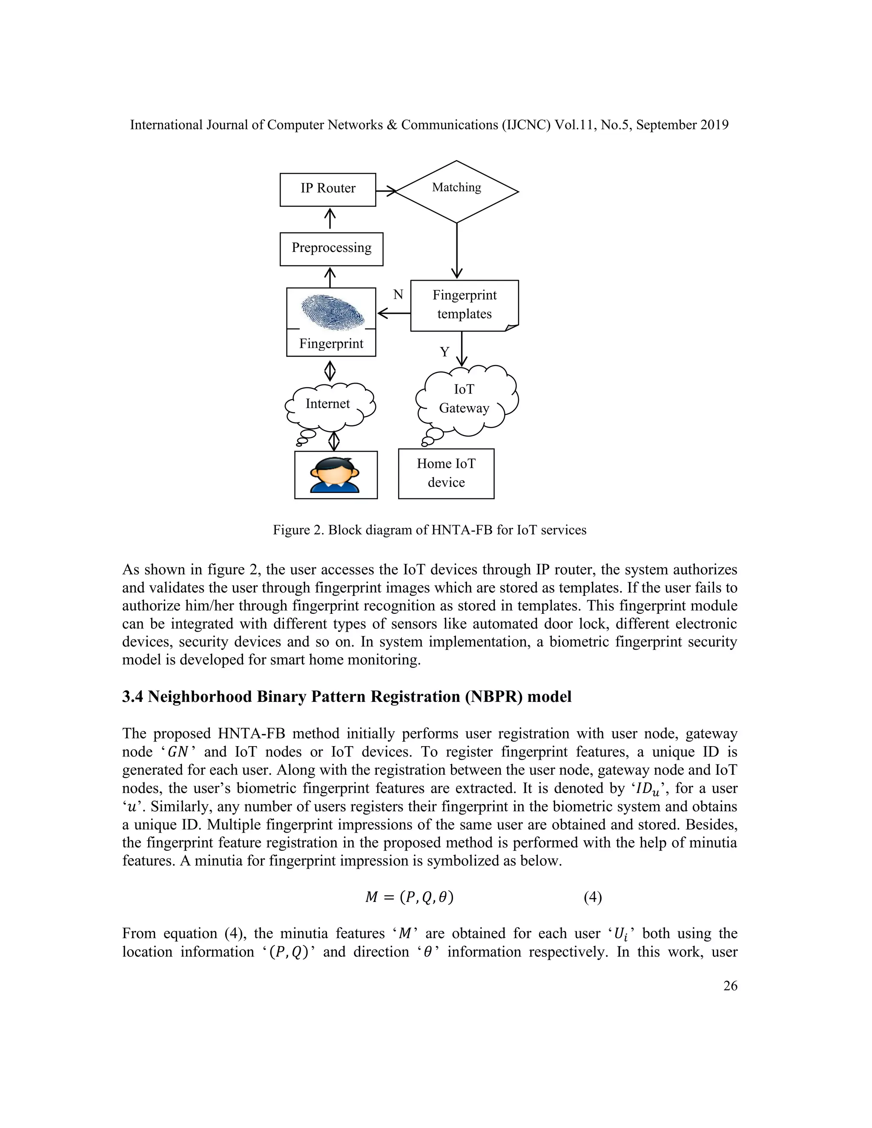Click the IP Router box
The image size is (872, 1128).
327,189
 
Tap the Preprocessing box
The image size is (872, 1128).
331,249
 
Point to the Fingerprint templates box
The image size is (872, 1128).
464,305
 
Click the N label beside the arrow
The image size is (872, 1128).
398,295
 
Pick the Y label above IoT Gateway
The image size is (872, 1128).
444,352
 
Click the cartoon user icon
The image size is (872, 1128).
335,475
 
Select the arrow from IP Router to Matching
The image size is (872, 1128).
385,191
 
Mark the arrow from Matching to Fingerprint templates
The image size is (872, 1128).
457,250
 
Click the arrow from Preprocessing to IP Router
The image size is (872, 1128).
330,219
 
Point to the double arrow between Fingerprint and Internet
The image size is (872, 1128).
330,370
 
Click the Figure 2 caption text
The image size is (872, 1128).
429,530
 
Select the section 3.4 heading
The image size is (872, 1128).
347,697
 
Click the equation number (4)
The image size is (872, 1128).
593,897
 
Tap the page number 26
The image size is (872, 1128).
730,986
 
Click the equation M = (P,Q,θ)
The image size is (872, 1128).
409,897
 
